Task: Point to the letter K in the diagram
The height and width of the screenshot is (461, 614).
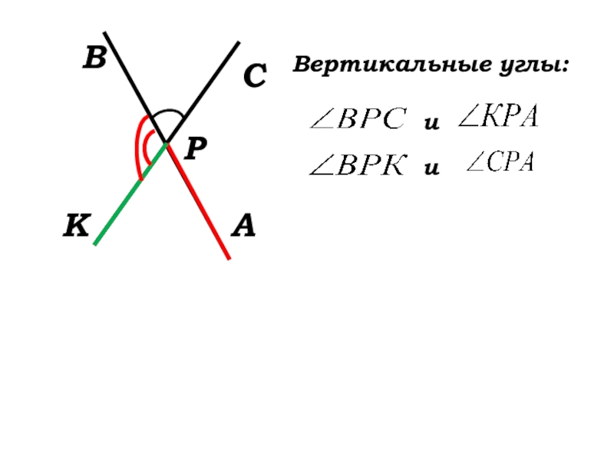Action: [77, 227]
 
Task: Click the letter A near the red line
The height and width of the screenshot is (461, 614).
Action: [244, 226]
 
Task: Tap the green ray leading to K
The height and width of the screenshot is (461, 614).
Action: [123, 204]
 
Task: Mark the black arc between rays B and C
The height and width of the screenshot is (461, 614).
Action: [167, 112]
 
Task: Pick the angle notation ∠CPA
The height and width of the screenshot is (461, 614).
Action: [500, 164]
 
